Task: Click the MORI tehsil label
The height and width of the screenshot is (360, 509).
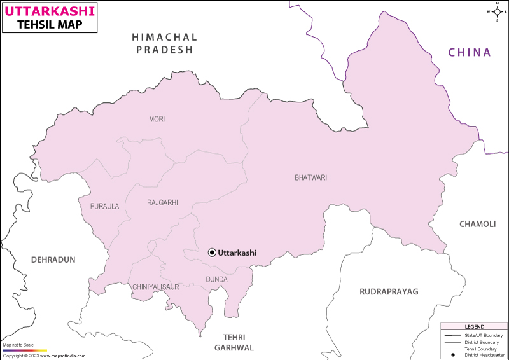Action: point(157,119)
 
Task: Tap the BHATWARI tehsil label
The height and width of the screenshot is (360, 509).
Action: point(310,177)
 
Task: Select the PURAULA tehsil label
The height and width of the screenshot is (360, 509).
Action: point(104,206)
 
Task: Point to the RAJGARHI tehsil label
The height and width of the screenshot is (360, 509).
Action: point(162,203)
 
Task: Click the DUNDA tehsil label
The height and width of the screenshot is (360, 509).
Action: point(216,279)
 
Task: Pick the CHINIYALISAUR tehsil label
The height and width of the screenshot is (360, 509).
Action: point(156,287)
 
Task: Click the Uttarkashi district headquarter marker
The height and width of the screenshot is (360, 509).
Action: point(212,253)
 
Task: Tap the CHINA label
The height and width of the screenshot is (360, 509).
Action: point(470,52)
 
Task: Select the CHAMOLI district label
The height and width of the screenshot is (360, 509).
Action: point(477,223)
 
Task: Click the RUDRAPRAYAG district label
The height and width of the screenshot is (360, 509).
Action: point(389,291)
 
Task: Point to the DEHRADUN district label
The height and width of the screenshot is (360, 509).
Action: point(53,260)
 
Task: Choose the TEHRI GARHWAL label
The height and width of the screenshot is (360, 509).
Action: point(234,342)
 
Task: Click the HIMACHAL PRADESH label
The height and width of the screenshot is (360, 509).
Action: point(164,43)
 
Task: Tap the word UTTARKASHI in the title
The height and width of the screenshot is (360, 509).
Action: point(51,11)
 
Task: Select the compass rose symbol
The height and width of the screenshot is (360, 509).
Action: point(496,11)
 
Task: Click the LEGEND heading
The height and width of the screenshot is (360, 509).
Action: point(474,326)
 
